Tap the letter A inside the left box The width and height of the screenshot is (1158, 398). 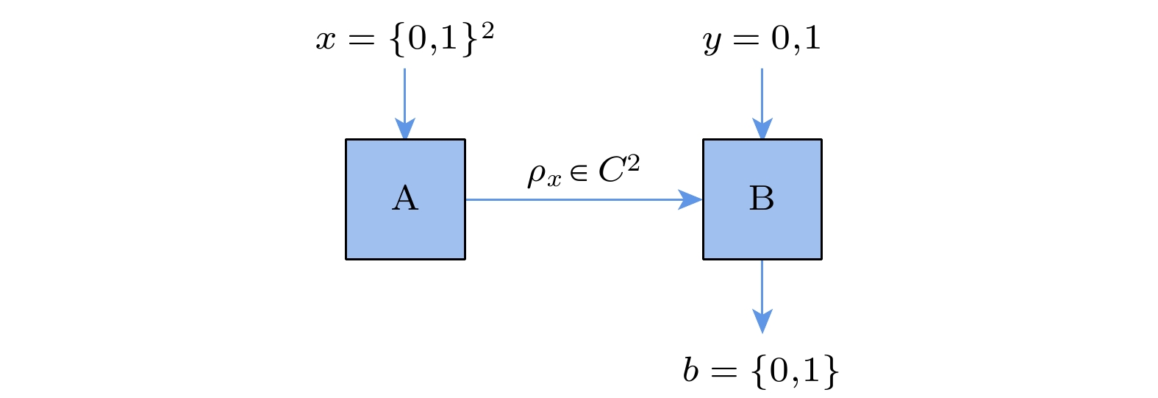tap(405, 199)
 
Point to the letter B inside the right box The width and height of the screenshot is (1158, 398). tap(762, 199)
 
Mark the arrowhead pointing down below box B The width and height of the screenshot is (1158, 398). tap(762, 321)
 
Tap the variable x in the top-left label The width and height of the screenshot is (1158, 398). tap(326, 40)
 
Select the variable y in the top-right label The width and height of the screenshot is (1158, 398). tap(712, 41)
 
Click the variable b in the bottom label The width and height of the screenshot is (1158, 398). tap(690, 370)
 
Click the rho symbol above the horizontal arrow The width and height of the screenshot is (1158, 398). tap(537, 175)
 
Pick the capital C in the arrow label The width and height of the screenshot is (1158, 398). tap(612, 172)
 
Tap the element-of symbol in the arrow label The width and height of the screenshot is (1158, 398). tap(579, 174)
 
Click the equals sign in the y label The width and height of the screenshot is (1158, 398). tap(745, 39)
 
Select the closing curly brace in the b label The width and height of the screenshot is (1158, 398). tap(831, 371)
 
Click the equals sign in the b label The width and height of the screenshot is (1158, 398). tap(723, 372)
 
